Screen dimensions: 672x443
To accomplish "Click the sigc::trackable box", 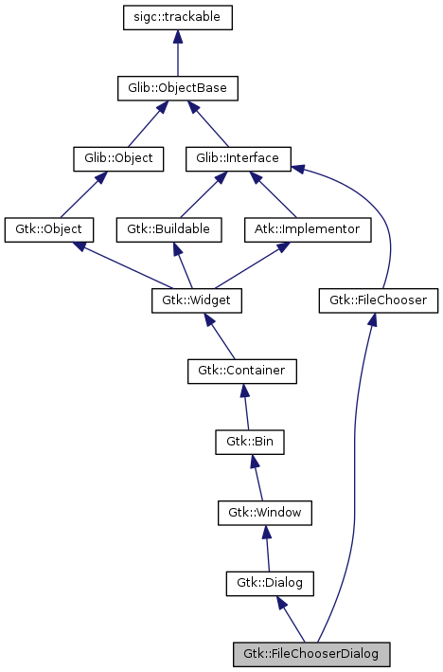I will [x=178, y=17].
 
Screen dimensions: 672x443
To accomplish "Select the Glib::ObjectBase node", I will [x=177, y=88].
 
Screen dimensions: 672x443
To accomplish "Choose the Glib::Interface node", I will [x=238, y=158].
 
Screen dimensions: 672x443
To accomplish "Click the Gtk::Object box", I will [x=49, y=229].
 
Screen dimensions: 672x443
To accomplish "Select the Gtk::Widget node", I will [x=197, y=300].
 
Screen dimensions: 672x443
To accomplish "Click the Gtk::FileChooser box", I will [x=379, y=300].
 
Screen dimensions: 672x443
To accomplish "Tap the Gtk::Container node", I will [x=241, y=371].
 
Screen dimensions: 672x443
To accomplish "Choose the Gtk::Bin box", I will [x=250, y=442].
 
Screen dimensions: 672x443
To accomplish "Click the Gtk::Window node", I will [x=265, y=512].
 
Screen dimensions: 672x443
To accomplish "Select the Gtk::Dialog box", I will [x=270, y=583].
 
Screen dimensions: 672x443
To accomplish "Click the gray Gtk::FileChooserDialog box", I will [x=311, y=654].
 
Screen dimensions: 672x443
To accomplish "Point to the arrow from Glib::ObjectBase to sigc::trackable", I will [x=178, y=53].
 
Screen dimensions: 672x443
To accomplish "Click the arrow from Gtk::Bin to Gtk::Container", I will [x=246, y=407].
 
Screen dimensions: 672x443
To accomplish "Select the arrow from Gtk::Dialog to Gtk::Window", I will [x=268, y=548].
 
